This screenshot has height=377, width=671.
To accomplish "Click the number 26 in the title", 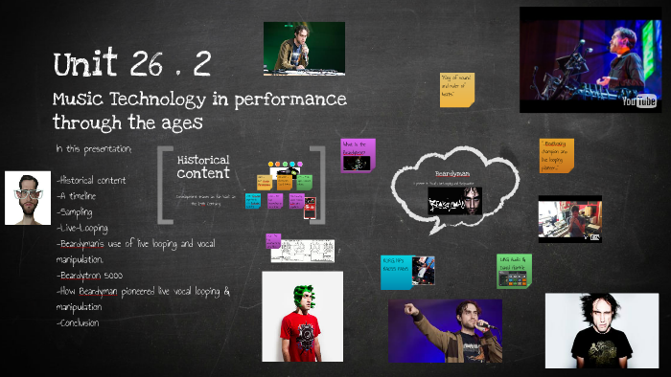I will pyautogui.click(x=144, y=65).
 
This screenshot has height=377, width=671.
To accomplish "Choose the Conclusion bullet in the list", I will pyautogui.click(x=80, y=322).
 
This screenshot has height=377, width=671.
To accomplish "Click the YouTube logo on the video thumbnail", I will pyautogui.click(x=638, y=100).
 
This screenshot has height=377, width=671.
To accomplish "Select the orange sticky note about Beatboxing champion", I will pyautogui.click(x=556, y=155).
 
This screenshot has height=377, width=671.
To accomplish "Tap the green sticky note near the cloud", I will pyautogui.click(x=514, y=271).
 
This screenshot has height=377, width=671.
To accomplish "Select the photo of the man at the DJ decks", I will pyautogui.click(x=304, y=48).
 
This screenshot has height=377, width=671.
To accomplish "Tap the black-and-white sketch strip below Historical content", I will pyautogui.click(x=302, y=251).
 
